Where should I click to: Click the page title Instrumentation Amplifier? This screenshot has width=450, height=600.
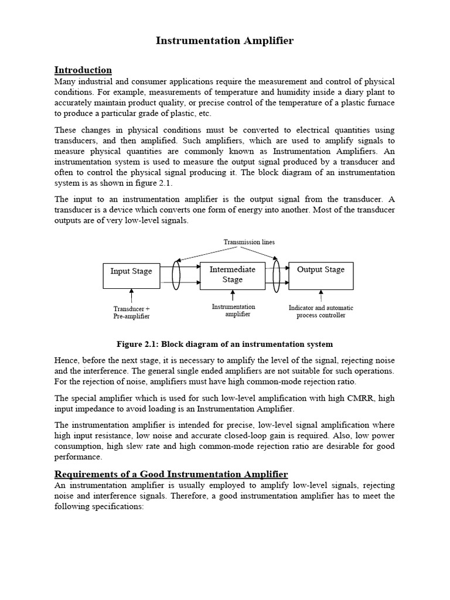(x=224, y=40)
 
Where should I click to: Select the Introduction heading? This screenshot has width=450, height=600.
(x=83, y=70)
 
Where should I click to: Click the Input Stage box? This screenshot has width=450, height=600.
(x=131, y=275)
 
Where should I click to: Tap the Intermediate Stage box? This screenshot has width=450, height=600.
(x=232, y=275)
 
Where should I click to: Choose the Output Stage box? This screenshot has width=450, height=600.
(x=321, y=275)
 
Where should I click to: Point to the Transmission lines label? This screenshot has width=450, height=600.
(x=249, y=242)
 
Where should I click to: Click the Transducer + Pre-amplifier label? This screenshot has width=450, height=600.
(x=131, y=312)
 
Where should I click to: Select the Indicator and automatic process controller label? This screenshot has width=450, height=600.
(x=321, y=311)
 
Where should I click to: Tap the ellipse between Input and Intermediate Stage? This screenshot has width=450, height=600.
(x=176, y=275)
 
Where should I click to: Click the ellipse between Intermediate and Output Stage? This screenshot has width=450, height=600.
(x=276, y=275)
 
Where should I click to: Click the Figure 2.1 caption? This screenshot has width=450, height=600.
(x=224, y=344)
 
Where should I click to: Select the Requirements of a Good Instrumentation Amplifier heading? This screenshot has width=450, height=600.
(x=171, y=473)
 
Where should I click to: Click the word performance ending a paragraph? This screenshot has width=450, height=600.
(x=78, y=456)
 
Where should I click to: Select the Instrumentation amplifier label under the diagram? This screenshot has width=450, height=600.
(x=233, y=311)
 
